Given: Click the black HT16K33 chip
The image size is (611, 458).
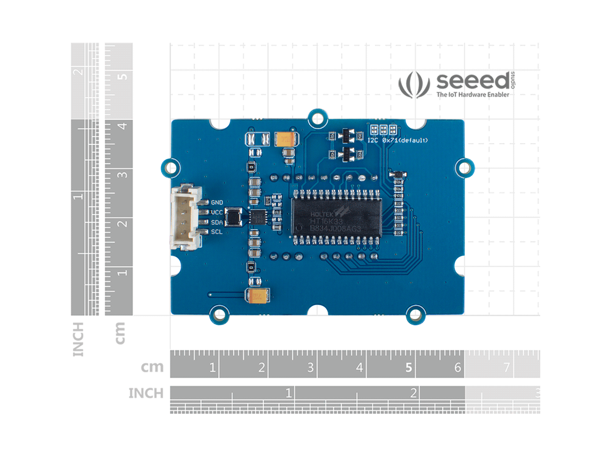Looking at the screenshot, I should [x=336, y=217].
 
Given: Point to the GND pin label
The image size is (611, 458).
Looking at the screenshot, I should [x=217, y=202].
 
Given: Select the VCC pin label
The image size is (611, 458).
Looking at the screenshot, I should [x=217, y=212].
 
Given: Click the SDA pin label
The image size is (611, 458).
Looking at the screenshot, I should [x=217, y=222].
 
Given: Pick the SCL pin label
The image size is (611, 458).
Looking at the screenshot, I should [x=217, y=232].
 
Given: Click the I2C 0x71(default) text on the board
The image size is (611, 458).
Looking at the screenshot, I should [x=397, y=140].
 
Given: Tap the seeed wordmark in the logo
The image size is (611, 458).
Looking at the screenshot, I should [x=473, y=81].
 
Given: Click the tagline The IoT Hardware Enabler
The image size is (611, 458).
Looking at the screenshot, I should [x=473, y=95].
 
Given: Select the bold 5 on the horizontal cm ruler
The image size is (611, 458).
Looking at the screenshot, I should [x=408, y=368].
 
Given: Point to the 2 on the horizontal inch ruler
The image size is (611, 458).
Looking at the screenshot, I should [x=413, y=393].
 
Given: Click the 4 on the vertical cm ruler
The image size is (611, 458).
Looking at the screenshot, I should [x=123, y=126].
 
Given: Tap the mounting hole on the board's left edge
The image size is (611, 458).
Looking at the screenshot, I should [x=171, y=168].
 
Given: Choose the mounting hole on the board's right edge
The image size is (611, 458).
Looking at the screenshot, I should [x=464, y=168].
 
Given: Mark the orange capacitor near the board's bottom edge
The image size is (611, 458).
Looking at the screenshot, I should [x=258, y=296].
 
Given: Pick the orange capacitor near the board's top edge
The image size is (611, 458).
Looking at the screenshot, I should [x=286, y=139].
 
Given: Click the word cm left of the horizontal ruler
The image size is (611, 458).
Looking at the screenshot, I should [x=152, y=367].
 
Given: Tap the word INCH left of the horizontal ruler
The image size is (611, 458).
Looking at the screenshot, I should [x=146, y=393].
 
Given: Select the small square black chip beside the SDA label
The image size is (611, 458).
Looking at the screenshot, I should [x=233, y=217].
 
